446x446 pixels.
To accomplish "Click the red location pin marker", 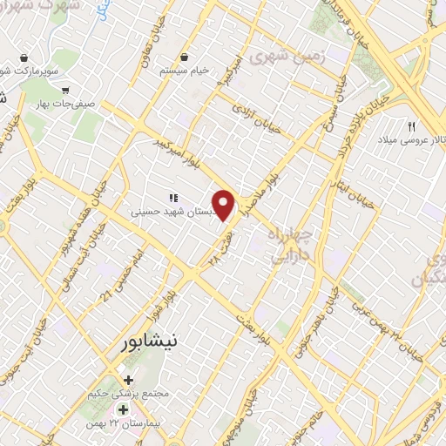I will (225, 206).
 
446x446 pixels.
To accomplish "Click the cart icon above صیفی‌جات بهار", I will (64, 89).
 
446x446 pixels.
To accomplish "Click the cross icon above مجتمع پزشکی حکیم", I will (129, 380).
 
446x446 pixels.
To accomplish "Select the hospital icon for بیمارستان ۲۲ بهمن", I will (123, 409).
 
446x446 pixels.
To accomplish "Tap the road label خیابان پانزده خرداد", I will (363, 114).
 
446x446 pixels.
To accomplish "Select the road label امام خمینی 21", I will (121, 275).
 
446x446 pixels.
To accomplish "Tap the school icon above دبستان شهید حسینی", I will (173, 198).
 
